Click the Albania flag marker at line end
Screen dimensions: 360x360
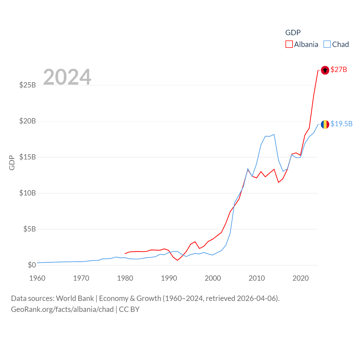[325, 70]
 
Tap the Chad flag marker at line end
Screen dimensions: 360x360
[325, 124]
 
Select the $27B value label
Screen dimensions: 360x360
[339, 69]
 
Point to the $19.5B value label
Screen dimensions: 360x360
[341, 124]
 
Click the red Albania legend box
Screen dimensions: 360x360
[289, 44]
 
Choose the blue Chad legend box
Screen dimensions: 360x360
[327, 44]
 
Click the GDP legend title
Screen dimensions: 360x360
[293, 33]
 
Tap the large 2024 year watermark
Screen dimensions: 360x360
[67, 77]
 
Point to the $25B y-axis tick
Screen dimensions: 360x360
[28, 85]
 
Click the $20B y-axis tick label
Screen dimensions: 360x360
[28, 121]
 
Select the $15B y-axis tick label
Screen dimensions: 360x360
[28, 157]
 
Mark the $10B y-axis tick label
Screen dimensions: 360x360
[28, 193]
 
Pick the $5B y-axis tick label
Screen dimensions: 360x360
[30, 229]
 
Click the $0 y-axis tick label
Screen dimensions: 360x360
[32, 265]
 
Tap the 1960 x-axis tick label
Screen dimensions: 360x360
[37, 278]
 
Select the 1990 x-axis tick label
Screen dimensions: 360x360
[169, 278]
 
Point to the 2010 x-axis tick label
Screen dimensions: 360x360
[256, 278]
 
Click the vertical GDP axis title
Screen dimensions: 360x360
[12, 163]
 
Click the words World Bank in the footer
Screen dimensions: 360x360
[75, 298]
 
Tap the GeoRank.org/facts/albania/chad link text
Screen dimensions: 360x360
[62, 309]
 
